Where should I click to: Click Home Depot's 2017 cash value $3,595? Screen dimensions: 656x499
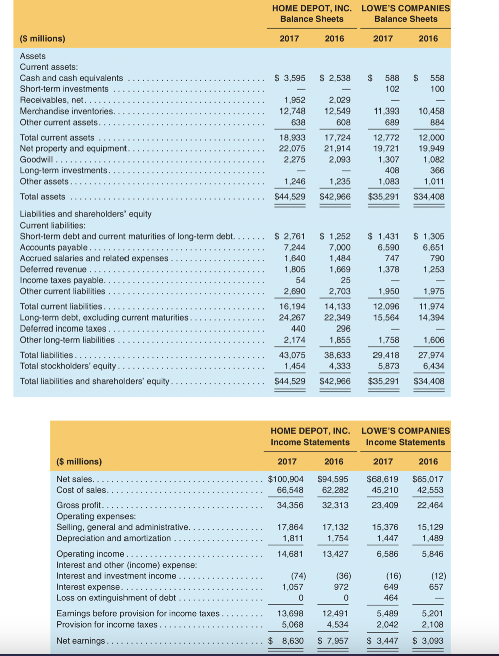coord(290,78)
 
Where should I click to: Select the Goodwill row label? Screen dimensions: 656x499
coord(36,160)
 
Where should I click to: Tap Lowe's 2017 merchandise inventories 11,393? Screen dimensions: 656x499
coord(386,112)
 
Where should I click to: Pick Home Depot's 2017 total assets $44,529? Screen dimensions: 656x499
coord(290,197)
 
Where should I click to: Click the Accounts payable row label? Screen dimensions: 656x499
coord(54,247)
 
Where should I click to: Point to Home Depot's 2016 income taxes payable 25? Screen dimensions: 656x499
coord(345,280)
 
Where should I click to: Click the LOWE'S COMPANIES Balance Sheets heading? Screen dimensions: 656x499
coord(406,14)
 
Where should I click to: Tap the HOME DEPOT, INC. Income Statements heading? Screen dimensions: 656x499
coord(310,436)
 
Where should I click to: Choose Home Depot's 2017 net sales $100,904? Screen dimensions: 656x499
coord(286,479)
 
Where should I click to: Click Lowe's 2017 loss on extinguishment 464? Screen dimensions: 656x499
coord(391,598)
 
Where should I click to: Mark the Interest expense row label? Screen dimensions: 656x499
coord(88,587)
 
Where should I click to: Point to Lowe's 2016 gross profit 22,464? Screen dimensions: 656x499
coord(430,505)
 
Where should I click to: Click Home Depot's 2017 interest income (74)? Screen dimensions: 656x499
coord(298,576)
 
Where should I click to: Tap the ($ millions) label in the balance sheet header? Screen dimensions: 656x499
coord(42,39)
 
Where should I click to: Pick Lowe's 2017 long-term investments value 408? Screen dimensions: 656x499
coord(392,171)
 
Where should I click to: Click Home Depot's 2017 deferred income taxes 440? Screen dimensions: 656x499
coord(298,329)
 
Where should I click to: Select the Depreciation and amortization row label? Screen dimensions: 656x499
coord(113,538)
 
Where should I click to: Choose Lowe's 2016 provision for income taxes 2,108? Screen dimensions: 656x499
coord(432,625)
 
